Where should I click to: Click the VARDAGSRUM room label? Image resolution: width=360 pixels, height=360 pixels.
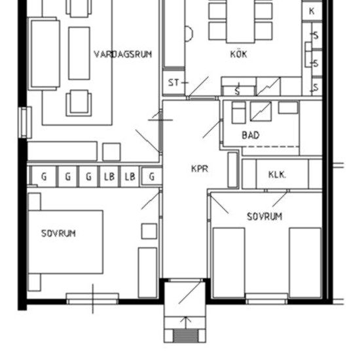coord(122,54)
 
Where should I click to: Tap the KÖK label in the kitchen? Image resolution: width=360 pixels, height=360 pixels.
coord(239,54)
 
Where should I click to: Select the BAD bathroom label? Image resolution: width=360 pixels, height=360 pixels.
coord(250,135)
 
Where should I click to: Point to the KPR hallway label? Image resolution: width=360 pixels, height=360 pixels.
coord(200,169)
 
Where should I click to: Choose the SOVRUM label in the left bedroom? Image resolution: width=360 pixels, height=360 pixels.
coord(58,233)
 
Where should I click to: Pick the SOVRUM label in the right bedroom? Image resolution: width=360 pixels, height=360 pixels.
coord(264,217)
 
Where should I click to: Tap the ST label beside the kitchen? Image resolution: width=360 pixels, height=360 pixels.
coord(173,83)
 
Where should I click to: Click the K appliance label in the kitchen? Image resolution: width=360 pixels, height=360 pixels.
coord(312,11)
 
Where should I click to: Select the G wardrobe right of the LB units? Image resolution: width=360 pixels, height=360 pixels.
coord(152,177)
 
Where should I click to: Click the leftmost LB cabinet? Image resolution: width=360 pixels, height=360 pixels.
coord(108,177)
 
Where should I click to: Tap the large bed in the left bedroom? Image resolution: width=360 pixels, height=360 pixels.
coord(65,241)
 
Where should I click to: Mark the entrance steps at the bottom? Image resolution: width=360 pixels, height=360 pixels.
coord(187,334)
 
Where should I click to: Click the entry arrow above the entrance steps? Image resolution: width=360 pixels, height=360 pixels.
coord(187,321)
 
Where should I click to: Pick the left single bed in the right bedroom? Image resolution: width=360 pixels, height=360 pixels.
coord(229,261)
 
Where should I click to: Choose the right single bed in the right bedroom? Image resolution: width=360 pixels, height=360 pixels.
coord(305,261)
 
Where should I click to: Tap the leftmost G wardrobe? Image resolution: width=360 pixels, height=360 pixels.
coord(44,177)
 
